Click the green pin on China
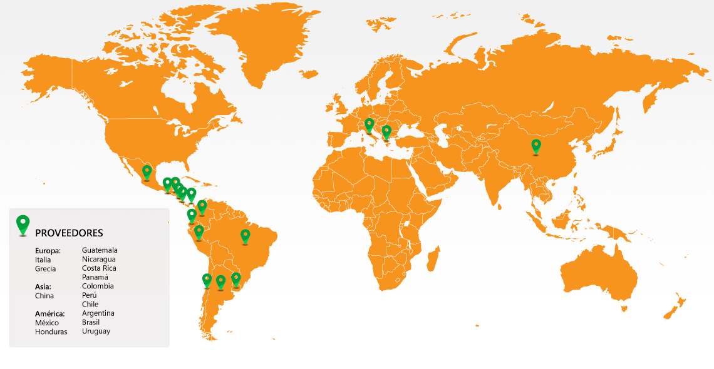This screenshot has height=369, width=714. pyautogui.click(x=536, y=146)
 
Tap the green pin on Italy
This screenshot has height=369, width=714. pyautogui.click(x=369, y=124)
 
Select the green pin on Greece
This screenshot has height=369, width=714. pyautogui.click(x=386, y=131)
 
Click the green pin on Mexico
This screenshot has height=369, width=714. pyautogui.click(x=147, y=171)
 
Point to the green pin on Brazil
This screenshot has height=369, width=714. pyautogui.click(x=246, y=236)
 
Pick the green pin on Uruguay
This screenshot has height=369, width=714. pyautogui.click(x=236, y=278)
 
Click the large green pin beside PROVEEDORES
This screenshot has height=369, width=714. pyautogui.click(x=23, y=225)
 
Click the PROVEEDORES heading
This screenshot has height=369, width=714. pyautogui.click(x=69, y=233)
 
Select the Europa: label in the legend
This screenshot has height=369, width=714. pyautogui.click(x=48, y=251)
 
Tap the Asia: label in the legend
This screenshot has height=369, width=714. pyautogui.click(x=44, y=286)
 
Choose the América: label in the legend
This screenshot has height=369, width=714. pyautogui.click(x=50, y=313)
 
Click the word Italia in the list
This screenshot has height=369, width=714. pyautogui.click(x=43, y=260)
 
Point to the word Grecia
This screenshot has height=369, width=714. pyautogui.click(x=45, y=269)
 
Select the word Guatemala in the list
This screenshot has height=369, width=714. pyautogui.click(x=100, y=250)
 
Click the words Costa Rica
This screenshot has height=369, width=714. pyautogui.click(x=99, y=268)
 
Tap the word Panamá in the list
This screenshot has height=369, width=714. pyautogui.click(x=95, y=277)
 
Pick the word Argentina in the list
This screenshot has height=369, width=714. pyautogui.click(x=98, y=313)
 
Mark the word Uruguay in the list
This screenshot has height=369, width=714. pyautogui.click(x=96, y=331)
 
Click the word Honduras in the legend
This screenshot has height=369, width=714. pyautogui.click(x=51, y=331)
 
